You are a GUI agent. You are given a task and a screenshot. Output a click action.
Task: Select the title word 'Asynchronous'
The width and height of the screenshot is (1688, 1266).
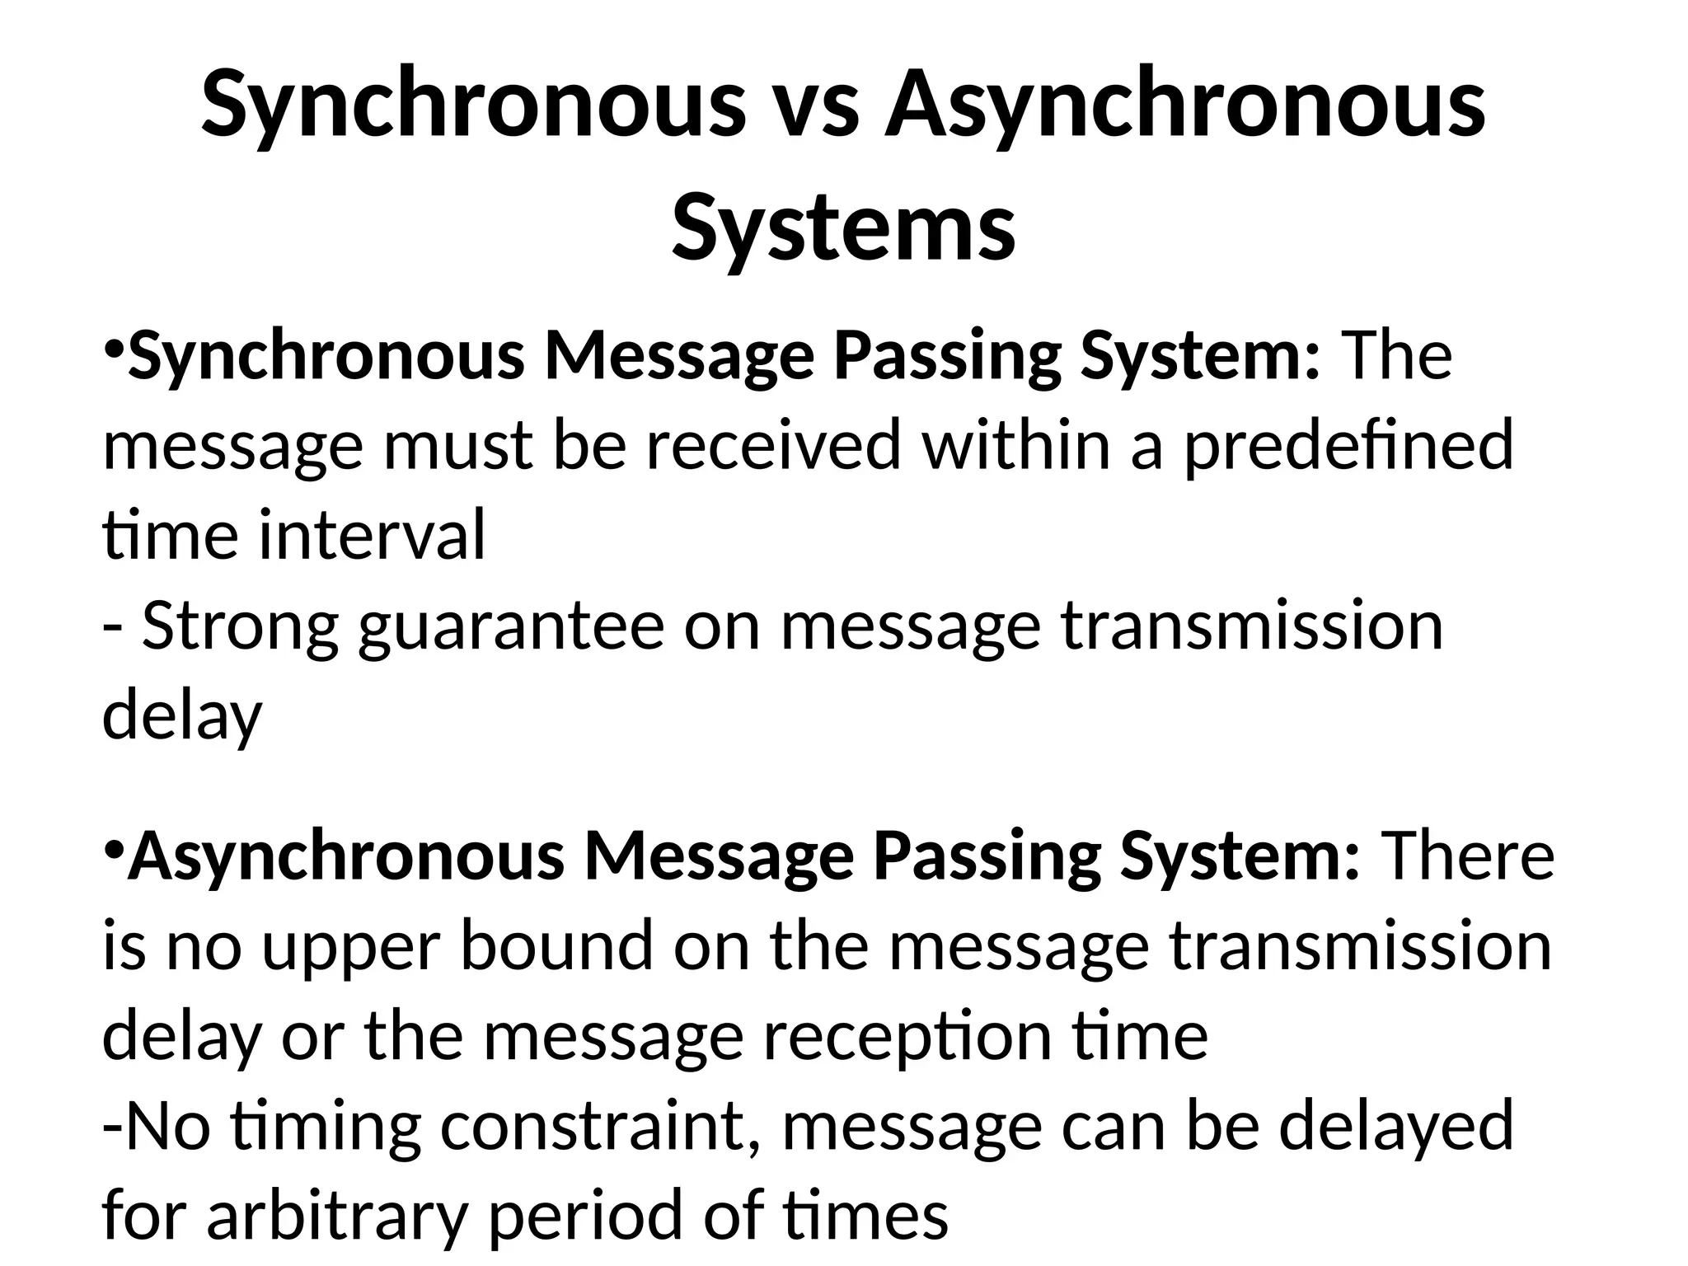point(1184,107)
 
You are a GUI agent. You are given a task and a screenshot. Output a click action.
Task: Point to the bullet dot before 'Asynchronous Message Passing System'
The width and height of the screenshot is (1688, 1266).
point(115,849)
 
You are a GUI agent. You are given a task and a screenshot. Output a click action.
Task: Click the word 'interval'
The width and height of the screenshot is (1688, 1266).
point(373,536)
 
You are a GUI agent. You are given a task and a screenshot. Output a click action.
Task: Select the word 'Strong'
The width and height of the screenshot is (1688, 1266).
point(240,626)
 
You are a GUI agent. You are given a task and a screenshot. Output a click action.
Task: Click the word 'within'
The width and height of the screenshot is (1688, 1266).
point(1016,445)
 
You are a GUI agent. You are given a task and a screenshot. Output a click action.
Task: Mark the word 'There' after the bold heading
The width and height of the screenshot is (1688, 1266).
point(1467,857)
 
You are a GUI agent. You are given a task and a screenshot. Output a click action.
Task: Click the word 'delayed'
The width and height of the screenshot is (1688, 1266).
point(1396,1127)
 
